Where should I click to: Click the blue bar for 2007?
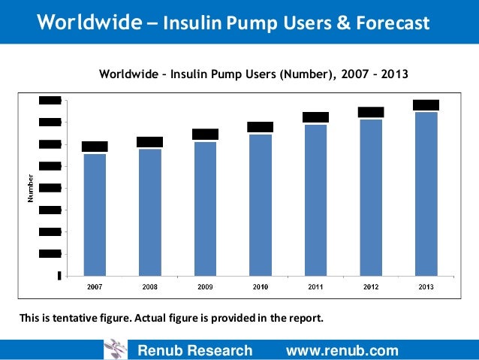tap(95, 214)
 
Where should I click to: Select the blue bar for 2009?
tap(205, 208)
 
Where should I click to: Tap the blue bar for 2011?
tap(315, 200)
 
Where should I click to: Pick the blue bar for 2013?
tap(426, 194)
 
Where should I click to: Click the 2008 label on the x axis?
tap(149, 286)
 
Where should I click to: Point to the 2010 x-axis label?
tap(261, 286)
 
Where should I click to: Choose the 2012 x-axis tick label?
tap(371, 286)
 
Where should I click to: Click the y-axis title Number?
tap(31, 189)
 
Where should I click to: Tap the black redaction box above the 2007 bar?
tap(95, 147)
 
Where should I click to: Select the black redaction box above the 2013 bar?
tap(426, 105)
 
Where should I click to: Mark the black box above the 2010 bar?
tap(261, 127)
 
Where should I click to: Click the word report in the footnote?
tap(304, 318)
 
